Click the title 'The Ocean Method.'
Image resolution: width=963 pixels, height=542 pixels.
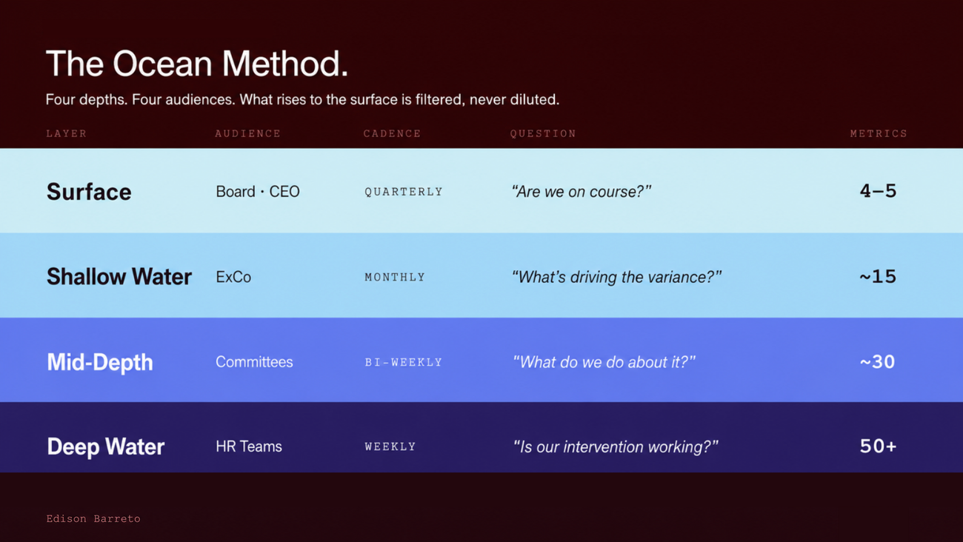[197, 64]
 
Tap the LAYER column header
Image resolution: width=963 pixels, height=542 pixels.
[67, 134]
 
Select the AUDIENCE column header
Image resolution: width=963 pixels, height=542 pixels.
[248, 134]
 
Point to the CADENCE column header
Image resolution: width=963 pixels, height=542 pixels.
[392, 134]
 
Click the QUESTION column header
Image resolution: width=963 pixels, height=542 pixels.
[543, 134]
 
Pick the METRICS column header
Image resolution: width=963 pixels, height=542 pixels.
[879, 134]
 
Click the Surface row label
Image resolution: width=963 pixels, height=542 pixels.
[89, 192]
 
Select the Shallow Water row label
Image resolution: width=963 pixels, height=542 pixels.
[119, 276]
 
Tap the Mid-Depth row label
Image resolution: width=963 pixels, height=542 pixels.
[100, 362]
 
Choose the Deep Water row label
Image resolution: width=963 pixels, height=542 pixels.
[106, 446]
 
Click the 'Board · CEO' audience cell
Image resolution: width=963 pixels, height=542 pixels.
[258, 192]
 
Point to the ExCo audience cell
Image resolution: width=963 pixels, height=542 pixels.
[233, 277]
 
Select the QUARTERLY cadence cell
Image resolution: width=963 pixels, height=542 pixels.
[404, 192]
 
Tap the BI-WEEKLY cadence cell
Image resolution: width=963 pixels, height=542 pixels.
[404, 362]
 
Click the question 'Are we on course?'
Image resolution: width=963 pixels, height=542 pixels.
[582, 192]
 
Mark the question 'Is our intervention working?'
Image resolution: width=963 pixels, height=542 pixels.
[616, 447]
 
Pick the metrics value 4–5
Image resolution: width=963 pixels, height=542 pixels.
[878, 191]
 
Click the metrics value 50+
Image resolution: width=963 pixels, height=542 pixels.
[878, 446]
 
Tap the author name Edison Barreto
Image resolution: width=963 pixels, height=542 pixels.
[93, 519]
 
